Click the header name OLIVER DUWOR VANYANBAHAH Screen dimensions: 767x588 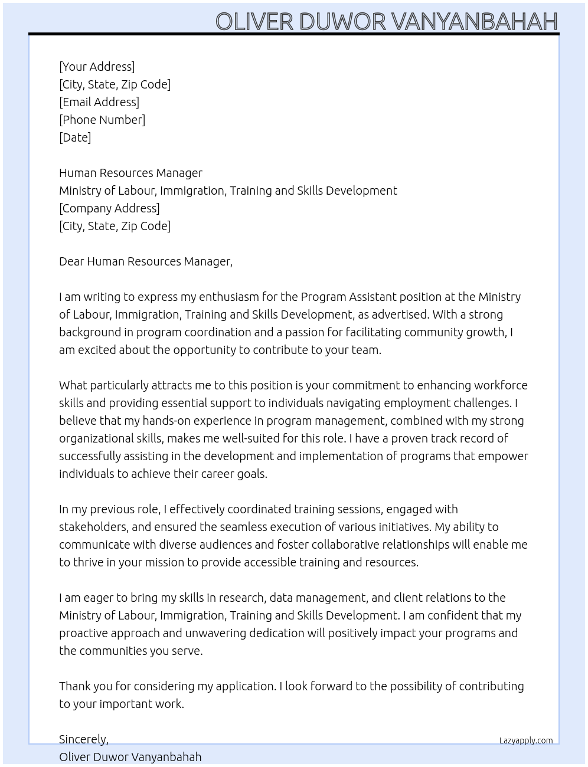tap(386, 21)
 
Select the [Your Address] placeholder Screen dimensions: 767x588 tap(97, 67)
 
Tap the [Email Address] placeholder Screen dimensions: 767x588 tap(99, 102)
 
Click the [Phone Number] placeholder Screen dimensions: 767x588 tap(102, 120)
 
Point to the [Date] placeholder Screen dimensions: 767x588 tap(75, 137)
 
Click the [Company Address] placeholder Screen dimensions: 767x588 tap(109, 208)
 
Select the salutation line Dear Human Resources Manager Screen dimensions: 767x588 tap(145, 261)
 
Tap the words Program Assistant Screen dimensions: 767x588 tap(348, 297)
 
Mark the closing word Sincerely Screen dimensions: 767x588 tap(83, 739)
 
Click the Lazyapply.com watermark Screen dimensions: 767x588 tap(525, 740)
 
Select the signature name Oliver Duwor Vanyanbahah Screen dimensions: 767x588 tap(130, 757)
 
